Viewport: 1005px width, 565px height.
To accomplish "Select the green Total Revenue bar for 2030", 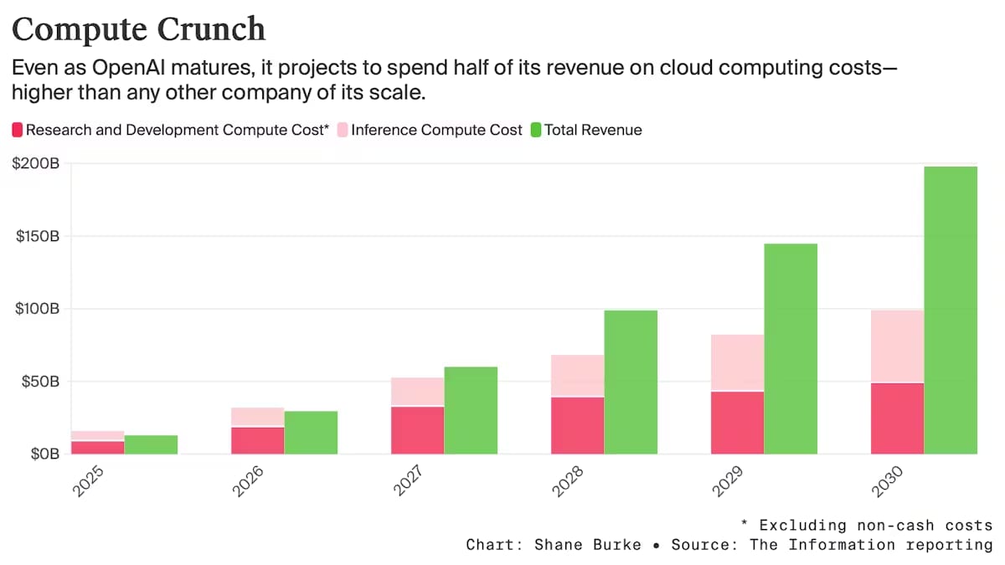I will pyautogui.click(x=951, y=310).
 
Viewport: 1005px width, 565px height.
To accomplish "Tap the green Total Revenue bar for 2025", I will pyautogui.click(x=151, y=444).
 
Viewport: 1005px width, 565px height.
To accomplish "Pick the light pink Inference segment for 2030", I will pyautogui.click(x=897, y=346).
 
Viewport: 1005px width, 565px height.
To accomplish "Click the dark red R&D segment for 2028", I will pyautogui.click(x=577, y=425).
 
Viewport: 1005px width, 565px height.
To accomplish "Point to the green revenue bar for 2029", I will pyautogui.click(x=791, y=348).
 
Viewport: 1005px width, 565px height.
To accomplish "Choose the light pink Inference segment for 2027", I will pyautogui.click(x=417, y=392).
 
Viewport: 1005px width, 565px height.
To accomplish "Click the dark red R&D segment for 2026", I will pyautogui.click(x=257, y=440).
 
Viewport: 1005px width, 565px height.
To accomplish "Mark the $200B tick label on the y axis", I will pyautogui.click(x=35, y=164).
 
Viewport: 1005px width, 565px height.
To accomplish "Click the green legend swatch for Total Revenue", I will pyautogui.click(x=536, y=130).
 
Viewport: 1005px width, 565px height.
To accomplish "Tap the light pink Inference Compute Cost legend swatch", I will pyautogui.click(x=343, y=130).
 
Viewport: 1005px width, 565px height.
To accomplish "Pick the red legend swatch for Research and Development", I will pyautogui.click(x=17, y=130).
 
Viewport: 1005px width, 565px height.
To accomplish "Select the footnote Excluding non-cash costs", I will pyautogui.click(x=875, y=525).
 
